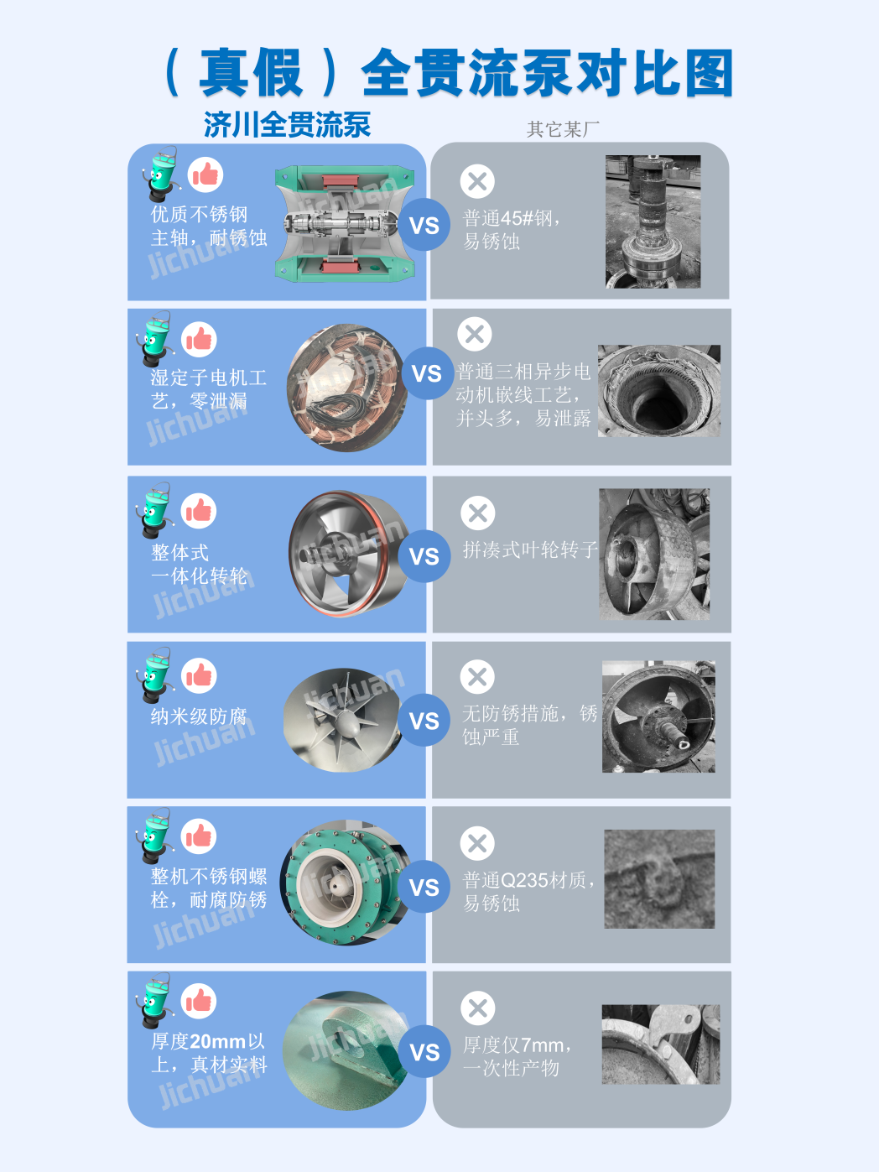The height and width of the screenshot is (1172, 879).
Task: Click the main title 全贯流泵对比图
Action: tap(546, 73)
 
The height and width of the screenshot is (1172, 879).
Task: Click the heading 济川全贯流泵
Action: tap(287, 125)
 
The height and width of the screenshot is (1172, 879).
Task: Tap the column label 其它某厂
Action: tap(563, 129)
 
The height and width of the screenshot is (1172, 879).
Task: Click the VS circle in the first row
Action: tap(424, 225)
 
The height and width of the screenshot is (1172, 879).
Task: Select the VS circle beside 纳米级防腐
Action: tap(424, 721)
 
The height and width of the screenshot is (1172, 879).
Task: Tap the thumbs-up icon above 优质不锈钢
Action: tap(205, 175)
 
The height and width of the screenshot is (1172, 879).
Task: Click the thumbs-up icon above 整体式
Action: tap(199, 511)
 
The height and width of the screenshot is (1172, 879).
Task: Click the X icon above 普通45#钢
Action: tap(477, 181)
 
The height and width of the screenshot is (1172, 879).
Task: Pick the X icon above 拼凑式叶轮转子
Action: tap(478, 513)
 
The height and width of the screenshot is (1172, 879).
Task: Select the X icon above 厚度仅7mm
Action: tap(478, 1008)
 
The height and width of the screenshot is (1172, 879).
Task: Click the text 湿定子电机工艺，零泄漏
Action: tap(208, 389)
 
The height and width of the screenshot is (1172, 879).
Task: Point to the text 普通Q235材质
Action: tap(528, 880)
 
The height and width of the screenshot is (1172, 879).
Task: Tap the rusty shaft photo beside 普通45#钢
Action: tap(653, 221)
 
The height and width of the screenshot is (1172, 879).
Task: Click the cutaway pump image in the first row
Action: tap(345, 223)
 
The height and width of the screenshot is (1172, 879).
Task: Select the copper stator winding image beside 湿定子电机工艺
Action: tap(346, 388)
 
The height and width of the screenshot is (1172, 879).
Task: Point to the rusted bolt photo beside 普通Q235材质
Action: tap(659, 879)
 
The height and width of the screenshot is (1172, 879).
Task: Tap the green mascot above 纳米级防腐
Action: tap(155, 674)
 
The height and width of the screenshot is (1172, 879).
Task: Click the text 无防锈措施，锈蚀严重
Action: tap(529, 725)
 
